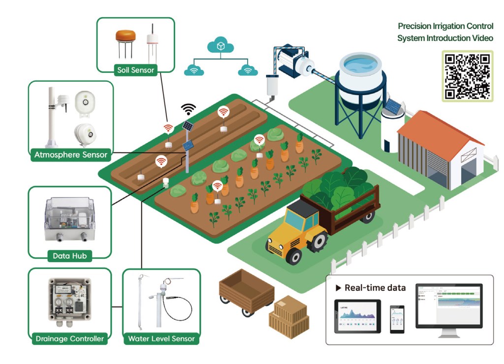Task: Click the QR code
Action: [x=468, y=76]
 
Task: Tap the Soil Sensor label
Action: [x=135, y=70]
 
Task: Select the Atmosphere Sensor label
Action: [x=71, y=155]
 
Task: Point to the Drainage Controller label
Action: [x=70, y=338]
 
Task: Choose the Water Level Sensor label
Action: [x=161, y=338]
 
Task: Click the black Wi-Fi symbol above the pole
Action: [x=188, y=109]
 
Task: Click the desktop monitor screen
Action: [x=448, y=305]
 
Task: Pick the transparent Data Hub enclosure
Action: [x=70, y=219]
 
